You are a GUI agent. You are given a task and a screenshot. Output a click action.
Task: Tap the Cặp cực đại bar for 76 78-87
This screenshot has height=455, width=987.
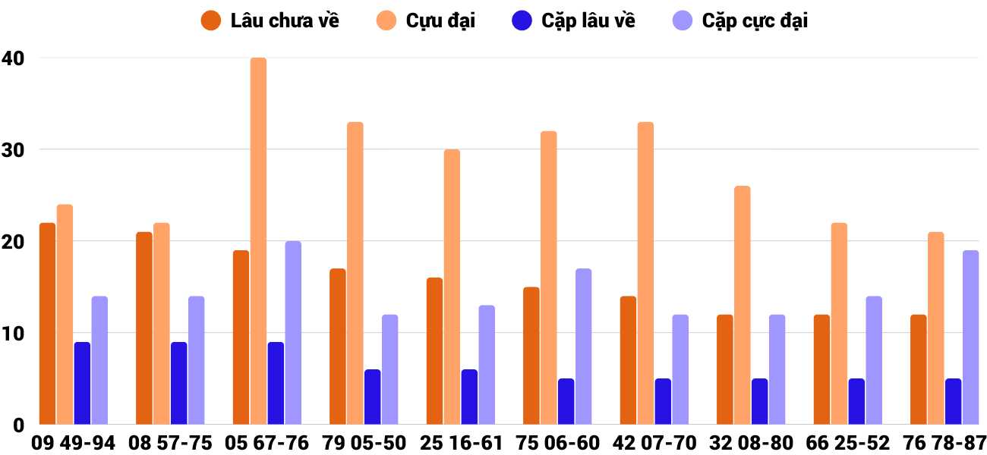[x=970, y=337]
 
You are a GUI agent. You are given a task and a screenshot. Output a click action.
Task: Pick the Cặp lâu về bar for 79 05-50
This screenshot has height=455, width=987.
[x=372, y=397]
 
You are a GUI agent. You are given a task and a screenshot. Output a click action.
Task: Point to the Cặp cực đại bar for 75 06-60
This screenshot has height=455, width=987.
[x=583, y=347]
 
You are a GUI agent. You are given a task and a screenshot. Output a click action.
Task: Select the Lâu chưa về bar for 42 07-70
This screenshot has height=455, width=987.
[x=628, y=360]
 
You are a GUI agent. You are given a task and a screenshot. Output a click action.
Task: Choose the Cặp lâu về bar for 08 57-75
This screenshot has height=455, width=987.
[x=178, y=384]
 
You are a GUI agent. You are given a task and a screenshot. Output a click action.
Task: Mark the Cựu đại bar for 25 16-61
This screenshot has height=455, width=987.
[x=452, y=287]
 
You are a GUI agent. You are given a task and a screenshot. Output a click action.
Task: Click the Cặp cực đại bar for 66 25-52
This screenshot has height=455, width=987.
[x=874, y=360]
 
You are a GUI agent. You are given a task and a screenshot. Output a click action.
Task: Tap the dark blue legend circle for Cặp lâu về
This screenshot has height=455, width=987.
[x=522, y=20]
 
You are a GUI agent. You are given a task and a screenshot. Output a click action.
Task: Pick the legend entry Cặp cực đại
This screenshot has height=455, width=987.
[x=755, y=20]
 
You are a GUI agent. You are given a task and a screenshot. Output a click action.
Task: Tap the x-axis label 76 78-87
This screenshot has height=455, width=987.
[x=939, y=443]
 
